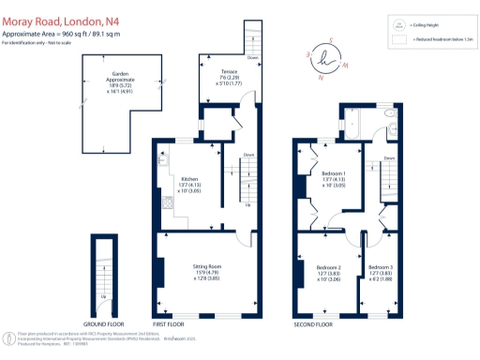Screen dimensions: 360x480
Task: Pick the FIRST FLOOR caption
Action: pyautogui.click(x=167, y=323)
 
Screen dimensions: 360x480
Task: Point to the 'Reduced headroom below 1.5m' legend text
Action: pyautogui.click(x=442, y=41)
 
